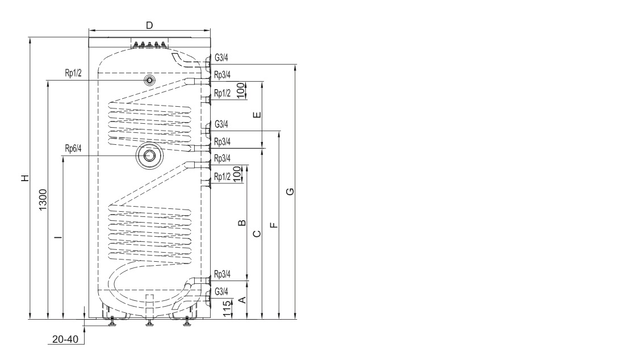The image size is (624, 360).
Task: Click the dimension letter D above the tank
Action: coord(149,25)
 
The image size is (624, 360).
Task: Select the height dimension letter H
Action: coord(24,178)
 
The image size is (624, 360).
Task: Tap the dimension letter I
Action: coord(58,238)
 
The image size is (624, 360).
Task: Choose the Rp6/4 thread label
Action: coord(73,149)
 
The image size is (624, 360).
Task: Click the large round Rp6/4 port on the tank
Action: coord(150,156)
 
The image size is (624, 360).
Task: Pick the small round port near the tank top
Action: coord(149,80)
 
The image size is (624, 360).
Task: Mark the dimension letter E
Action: coord(257,115)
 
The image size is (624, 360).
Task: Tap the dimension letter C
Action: coord(257,234)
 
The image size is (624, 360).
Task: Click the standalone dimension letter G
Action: coord(290,191)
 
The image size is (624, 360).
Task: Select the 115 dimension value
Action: coord(227,308)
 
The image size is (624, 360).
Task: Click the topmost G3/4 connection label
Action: coord(221,58)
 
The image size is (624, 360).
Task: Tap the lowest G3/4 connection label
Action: coord(221,291)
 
